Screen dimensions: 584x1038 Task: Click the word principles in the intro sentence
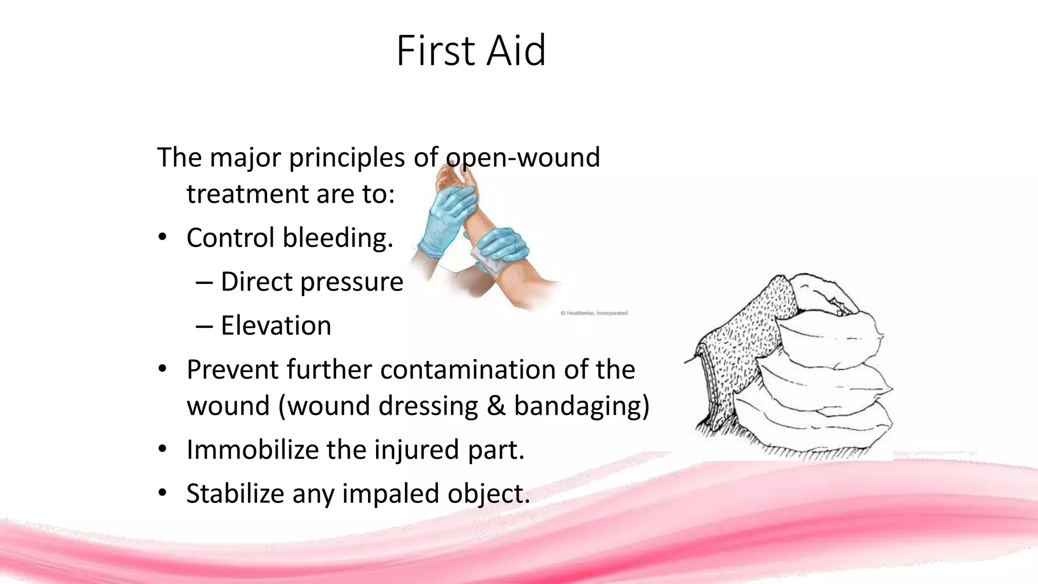(x=347, y=158)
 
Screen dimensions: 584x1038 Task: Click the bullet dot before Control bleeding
(x=162, y=237)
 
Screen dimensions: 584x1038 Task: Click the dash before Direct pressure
(x=204, y=282)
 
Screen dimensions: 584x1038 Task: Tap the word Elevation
(x=276, y=325)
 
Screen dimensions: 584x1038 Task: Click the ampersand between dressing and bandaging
(x=496, y=406)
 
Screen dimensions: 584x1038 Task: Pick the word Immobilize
(x=252, y=450)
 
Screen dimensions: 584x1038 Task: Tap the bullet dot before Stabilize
(x=162, y=493)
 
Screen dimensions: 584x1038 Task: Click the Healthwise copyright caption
(x=594, y=313)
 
